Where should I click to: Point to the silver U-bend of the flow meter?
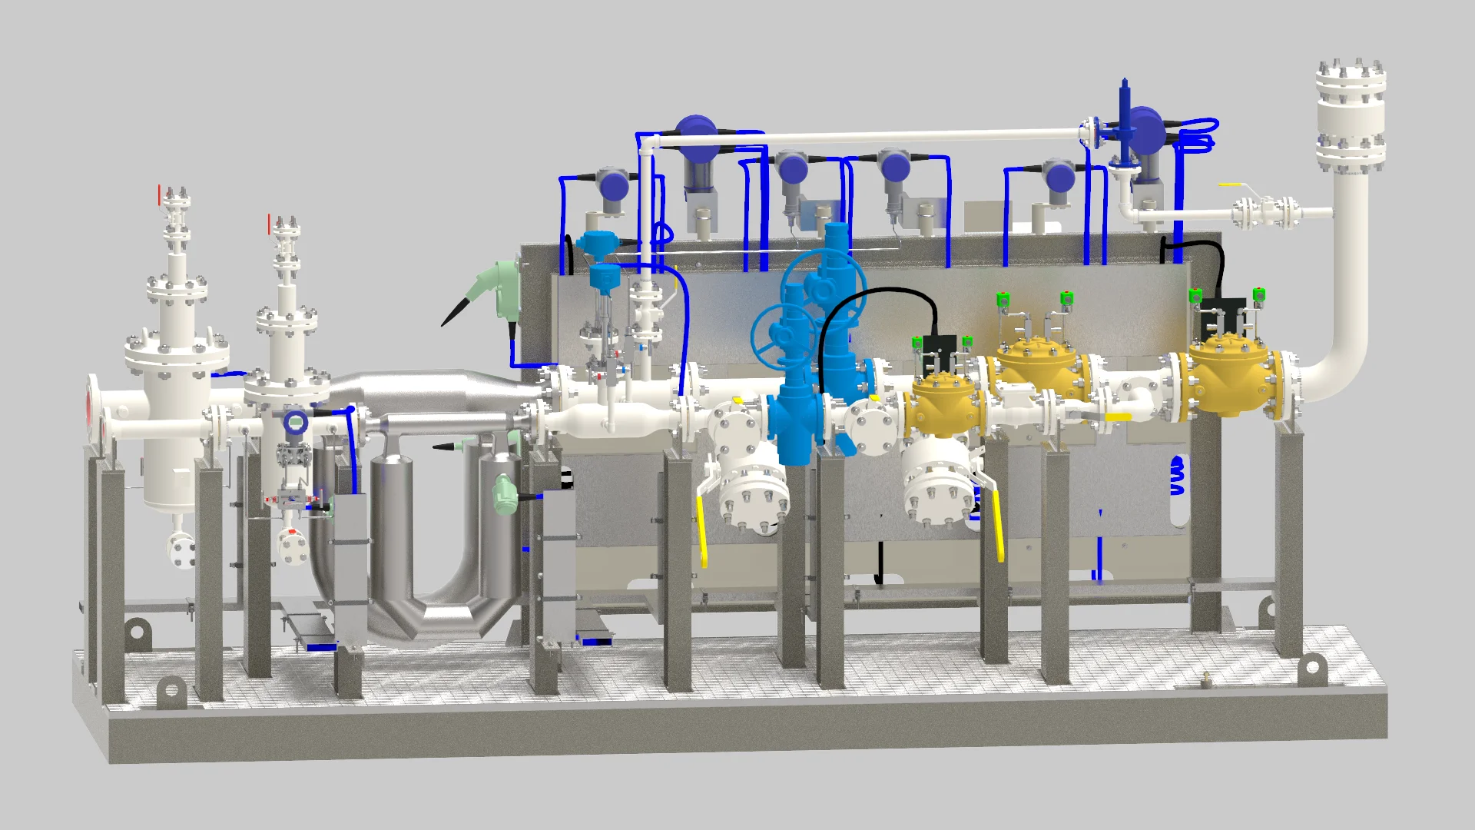[438, 607]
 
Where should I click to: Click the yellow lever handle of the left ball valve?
[701, 530]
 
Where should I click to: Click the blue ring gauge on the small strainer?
[296, 423]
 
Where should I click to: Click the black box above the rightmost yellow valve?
[1221, 310]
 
